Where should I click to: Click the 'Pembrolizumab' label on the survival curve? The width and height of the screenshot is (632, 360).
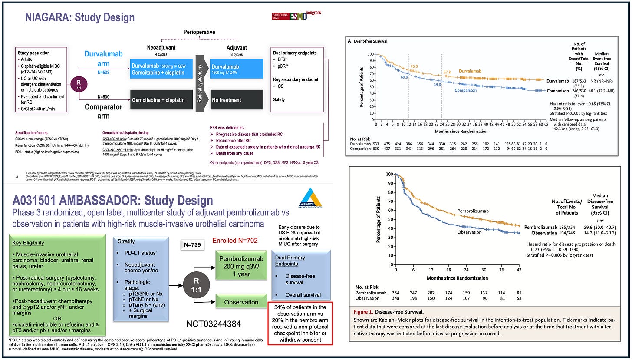[x=473, y=211]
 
